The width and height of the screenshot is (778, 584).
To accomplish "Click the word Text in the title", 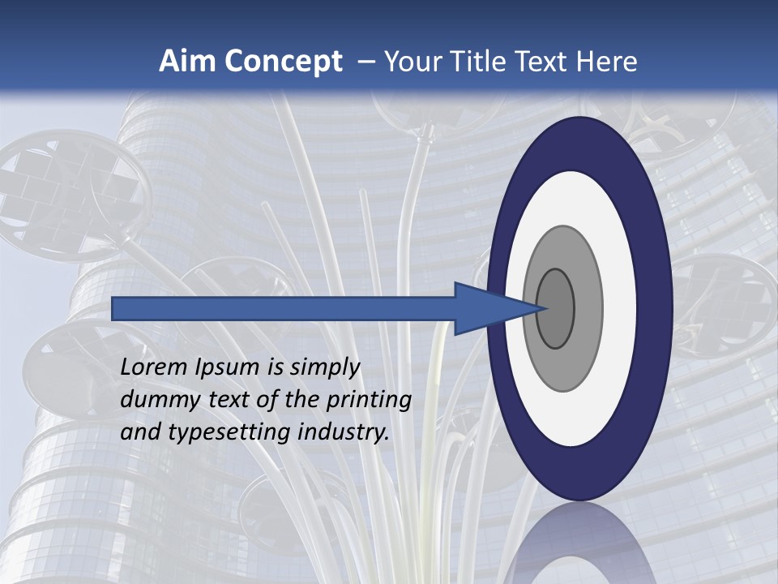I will pos(545,62).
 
